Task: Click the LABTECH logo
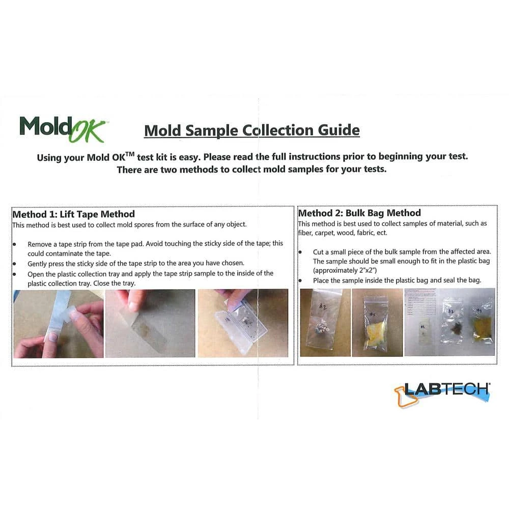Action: pyautogui.click(x=442, y=391)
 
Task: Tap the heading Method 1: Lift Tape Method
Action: pyautogui.click(x=73, y=214)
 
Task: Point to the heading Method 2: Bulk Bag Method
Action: pyautogui.click(x=359, y=213)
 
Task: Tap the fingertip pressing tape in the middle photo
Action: pyautogui.click(x=133, y=305)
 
